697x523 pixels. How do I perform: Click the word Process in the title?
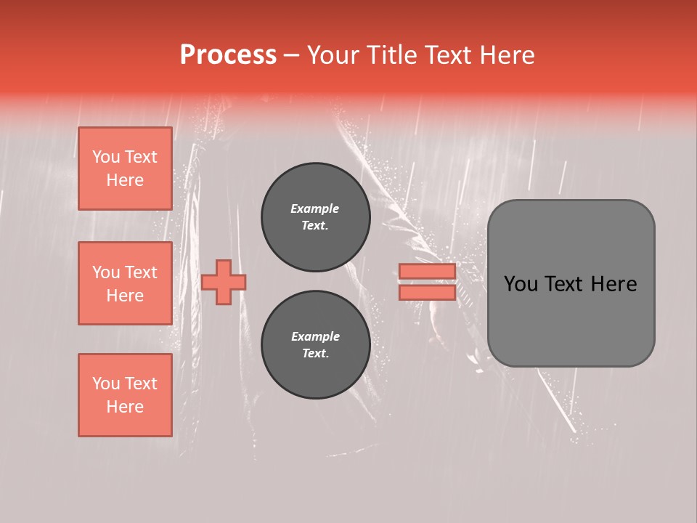pyautogui.click(x=228, y=55)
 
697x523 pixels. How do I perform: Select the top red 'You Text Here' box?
pyautogui.click(x=125, y=169)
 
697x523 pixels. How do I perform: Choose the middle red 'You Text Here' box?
pyautogui.click(x=125, y=283)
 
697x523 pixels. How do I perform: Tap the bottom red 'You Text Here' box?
pyautogui.click(x=125, y=395)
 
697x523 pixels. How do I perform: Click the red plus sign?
pyautogui.click(x=224, y=282)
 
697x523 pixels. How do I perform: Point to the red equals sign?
pyautogui.click(x=427, y=282)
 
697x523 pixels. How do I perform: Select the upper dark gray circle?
pyautogui.click(x=316, y=217)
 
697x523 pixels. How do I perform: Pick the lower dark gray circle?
pyautogui.click(x=316, y=345)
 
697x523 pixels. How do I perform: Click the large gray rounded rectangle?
pyautogui.click(x=571, y=283)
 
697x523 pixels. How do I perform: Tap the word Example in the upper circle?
pyautogui.click(x=315, y=208)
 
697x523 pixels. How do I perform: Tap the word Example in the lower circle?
pyautogui.click(x=315, y=336)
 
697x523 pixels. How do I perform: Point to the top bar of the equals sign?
pyautogui.click(x=427, y=272)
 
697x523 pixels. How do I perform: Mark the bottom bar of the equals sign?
pyautogui.click(x=427, y=292)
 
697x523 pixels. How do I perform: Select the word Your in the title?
pyautogui.click(x=333, y=55)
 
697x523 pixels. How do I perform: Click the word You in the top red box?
pyautogui.click(x=105, y=157)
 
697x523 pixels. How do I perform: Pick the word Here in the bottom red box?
pyautogui.click(x=125, y=407)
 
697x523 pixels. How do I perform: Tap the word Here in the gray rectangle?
pyautogui.click(x=613, y=284)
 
